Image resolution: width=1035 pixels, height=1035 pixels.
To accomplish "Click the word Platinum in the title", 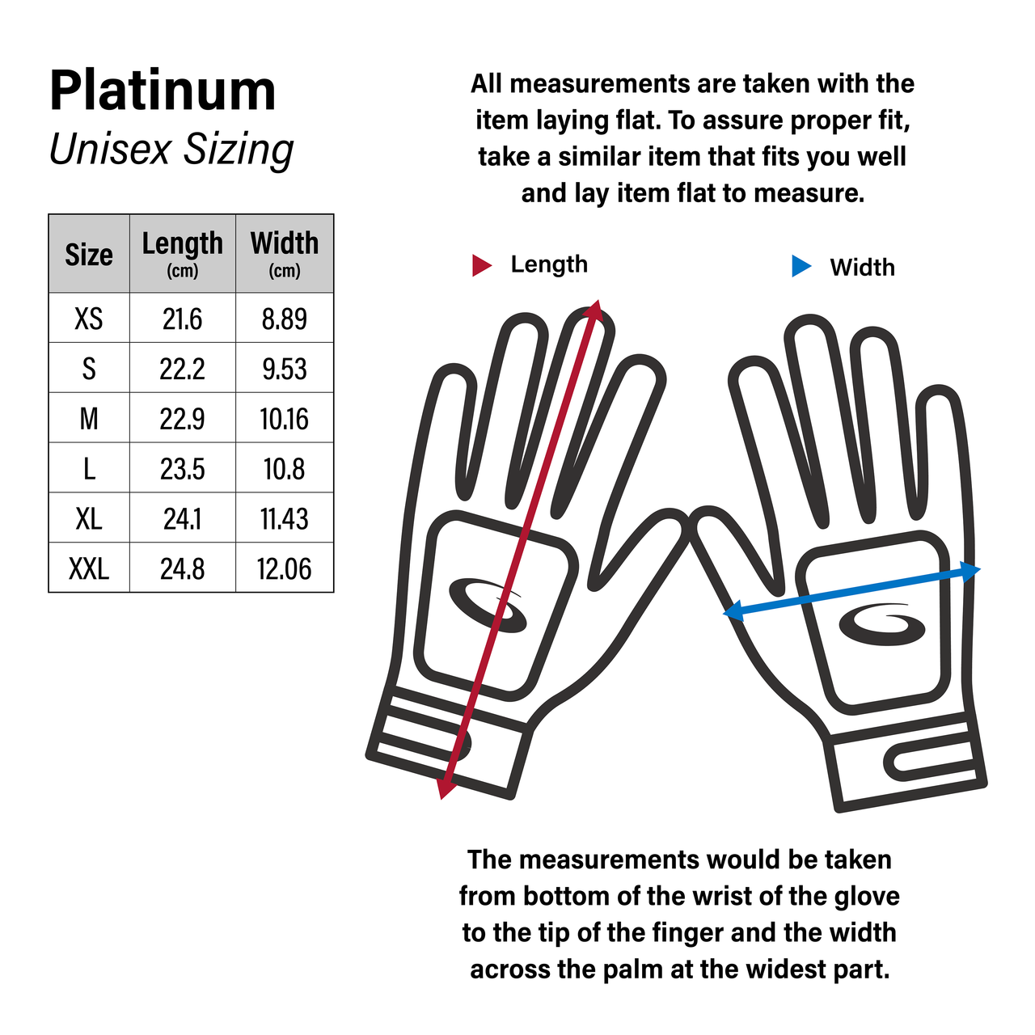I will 163,90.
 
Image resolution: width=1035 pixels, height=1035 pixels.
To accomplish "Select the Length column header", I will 182,252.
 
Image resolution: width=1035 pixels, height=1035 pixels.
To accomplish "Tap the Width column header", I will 284,252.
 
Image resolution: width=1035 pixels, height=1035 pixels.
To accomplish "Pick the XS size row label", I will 89,319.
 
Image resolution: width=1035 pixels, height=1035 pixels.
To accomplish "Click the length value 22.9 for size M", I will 182,419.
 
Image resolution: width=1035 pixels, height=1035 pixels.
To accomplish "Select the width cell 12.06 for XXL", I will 284,569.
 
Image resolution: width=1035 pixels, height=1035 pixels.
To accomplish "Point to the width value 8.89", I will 284,319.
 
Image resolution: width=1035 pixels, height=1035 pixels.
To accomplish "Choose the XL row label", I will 89,519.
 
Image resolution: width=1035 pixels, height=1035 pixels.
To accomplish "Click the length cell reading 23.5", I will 182,469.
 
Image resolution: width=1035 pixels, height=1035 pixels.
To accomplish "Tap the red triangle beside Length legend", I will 481,265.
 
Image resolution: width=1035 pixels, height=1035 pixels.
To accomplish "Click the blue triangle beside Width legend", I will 801,266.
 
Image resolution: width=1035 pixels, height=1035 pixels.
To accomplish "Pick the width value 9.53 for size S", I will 284,369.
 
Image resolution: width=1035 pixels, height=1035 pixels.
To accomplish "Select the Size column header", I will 89,254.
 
